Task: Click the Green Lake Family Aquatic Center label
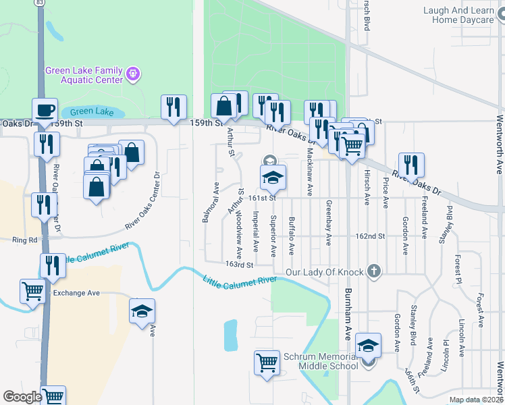[x=84, y=74]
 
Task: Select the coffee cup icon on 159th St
[x=45, y=110]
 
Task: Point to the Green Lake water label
[x=91, y=111]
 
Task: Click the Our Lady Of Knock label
[x=324, y=272]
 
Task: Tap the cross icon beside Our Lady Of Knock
[x=373, y=272]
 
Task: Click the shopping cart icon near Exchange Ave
[x=32, y=291]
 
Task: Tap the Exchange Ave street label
[x=76, y=293]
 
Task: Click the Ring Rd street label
[x=24, y=240]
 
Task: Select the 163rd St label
[x=240, y=265]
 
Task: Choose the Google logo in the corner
[x=22, y=397]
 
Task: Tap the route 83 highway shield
[x=41, y=3]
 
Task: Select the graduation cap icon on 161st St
[x=273, y=178]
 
